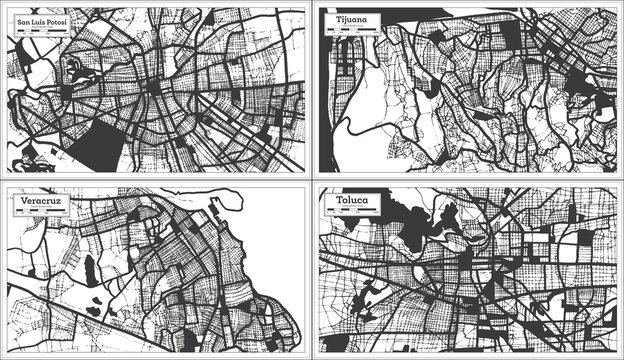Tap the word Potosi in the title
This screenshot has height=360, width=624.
[x=53, y=21]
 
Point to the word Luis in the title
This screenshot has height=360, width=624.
[x=33, y=21]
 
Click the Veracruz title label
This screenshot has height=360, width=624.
[x=37, y=200]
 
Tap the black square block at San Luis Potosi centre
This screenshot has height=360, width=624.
[x=152, y=89]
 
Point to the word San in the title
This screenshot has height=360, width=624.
[x=15, y=21]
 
